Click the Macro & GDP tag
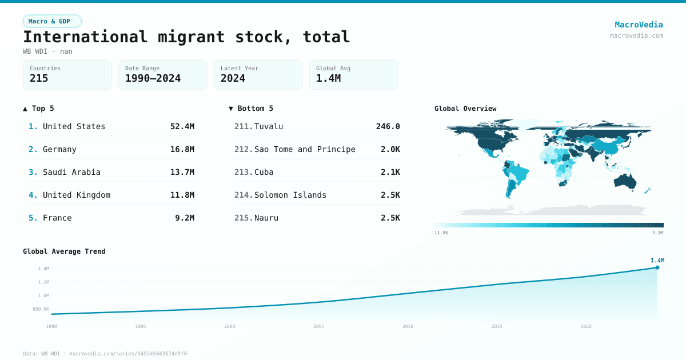[52, 21]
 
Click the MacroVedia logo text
[639, 25]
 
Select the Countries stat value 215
[39, 78]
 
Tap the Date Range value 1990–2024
[153, 78]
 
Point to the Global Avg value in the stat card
[328, 78]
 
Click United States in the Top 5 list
[74, 126]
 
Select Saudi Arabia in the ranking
[71, 172]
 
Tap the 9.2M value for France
[185, 218]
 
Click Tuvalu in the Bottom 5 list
[269, 126]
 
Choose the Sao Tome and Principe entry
[305, 149]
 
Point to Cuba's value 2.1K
[390, 172]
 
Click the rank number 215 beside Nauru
[244, 218]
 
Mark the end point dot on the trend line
[657, 267]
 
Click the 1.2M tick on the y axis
[43, 282]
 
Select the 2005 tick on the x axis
[318, 326]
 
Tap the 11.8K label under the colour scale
[441, 233]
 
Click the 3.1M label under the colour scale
[657, 233]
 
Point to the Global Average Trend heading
[64, 251]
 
